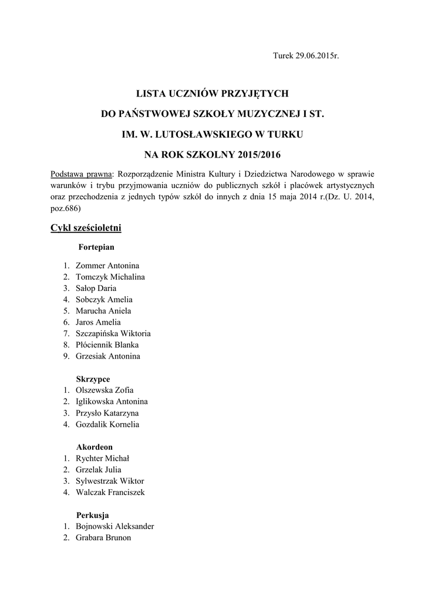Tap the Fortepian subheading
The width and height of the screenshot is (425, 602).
coord(96,248)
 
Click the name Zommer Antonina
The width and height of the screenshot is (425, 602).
coord(107,266)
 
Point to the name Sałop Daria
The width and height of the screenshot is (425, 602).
coord(96,288)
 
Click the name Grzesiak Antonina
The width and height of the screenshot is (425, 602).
coord(108,356)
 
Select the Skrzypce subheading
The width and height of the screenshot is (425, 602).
coord(93,379)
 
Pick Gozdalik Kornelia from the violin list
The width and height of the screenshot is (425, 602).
coord(107,424)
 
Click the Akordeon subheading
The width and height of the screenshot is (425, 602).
coord(94,447)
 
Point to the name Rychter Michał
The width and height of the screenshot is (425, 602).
coord(103,458)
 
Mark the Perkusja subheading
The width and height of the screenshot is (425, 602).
coord(93,515)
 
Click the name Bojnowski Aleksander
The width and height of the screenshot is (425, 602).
coord(115,526)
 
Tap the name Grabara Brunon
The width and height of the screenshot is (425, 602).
coord(103,537)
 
